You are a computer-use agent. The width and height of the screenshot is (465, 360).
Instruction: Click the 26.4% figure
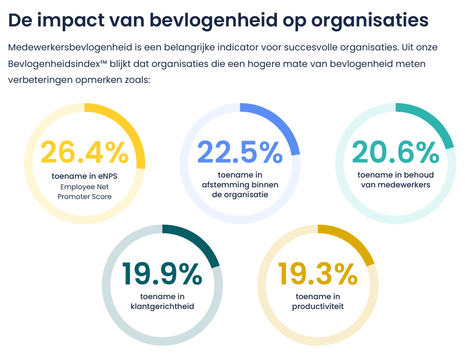(85, 152)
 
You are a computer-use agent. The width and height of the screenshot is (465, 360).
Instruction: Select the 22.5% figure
(240, 152)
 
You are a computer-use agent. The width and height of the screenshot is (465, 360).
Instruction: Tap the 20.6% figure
(396, 152)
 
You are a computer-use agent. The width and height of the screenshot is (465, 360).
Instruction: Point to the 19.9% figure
(162, 274)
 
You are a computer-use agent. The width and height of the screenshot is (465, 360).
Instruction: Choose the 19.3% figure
(318, 274)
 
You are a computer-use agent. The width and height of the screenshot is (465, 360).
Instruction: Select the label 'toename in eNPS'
(85, 176)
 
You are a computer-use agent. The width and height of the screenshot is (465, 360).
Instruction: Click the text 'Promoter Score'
(85, 197)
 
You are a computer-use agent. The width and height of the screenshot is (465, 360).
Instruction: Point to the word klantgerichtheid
(162, 307)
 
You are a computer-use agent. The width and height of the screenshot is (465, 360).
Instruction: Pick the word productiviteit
(318, 307)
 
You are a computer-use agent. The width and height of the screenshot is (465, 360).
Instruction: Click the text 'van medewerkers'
(396, 185)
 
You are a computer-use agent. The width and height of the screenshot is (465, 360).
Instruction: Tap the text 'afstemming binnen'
(240, 185)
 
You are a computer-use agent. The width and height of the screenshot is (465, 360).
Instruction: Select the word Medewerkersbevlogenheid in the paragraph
(70, 48)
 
